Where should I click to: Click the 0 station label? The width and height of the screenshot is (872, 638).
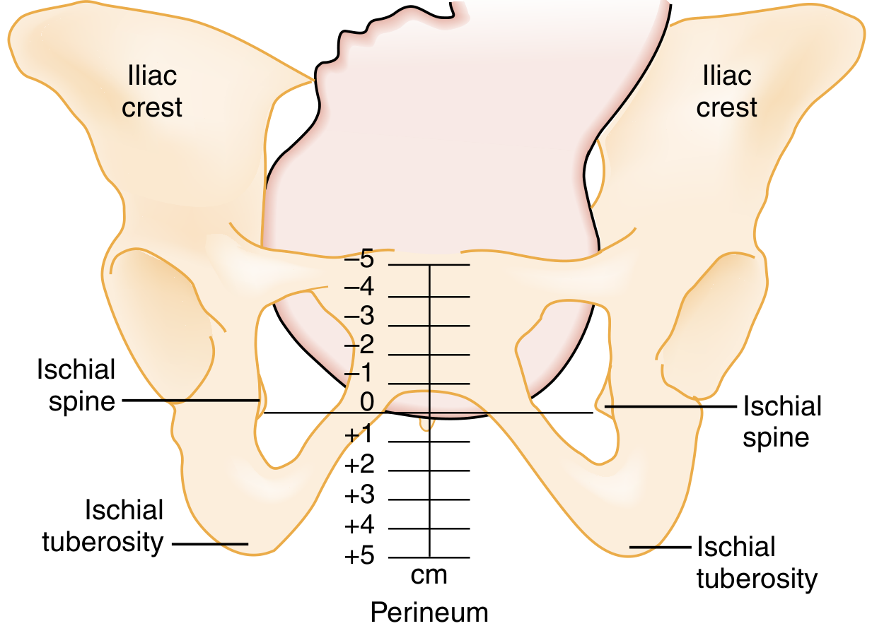[x=366, y=403]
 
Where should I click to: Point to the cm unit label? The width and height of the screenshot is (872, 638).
[x=429, y=575]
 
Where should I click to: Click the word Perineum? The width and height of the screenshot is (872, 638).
[x=429, y=612]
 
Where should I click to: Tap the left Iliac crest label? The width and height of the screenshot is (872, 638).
[x=152, y=91]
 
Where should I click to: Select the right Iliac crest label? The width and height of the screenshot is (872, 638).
[x=726, y=91]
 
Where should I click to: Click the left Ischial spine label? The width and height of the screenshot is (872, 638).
[x=76, y=385]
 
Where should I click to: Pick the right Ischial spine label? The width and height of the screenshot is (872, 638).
[x=781, y=422]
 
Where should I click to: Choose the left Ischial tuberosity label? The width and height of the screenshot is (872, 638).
[x=104, y=526]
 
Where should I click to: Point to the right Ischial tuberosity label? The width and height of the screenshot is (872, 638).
[x=757, y=563]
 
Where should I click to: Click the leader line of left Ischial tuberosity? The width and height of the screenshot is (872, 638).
[x=210, y=544]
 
